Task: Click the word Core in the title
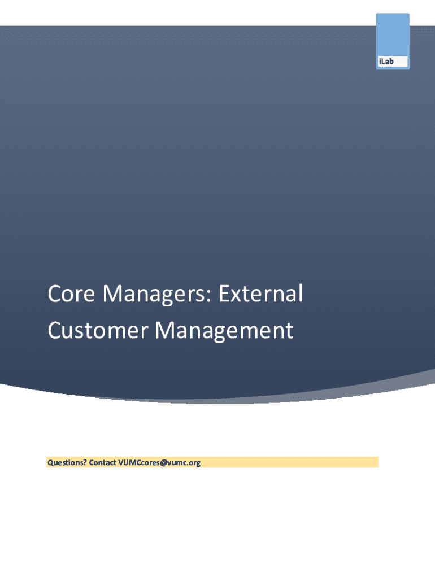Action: click(x=72, y=294)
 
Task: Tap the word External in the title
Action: click(x=261, y=293)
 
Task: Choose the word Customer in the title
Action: click(x=98, y=330)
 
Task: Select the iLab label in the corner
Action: click(x=386, y=62)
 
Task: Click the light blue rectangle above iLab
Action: click(x=393, y=34)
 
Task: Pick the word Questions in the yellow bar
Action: click(x=65, y=463)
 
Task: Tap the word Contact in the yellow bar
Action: click(x=103, y=462)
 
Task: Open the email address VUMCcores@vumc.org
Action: click(x=159, y=463)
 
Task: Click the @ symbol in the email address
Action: click(x=163, y=463)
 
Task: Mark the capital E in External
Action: click(x=225, y=294)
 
